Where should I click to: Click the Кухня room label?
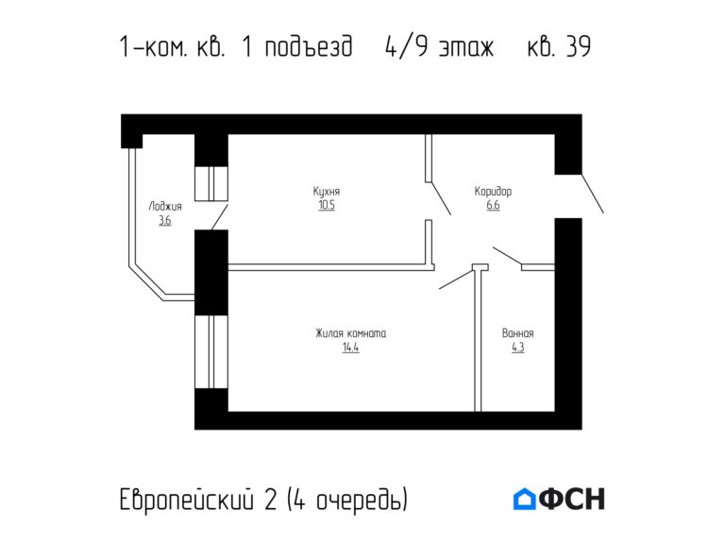(327, 192)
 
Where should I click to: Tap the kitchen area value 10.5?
(327, 205)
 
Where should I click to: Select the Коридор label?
(493, 192)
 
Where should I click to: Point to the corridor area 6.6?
(493, 205)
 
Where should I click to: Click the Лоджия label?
(165, 207)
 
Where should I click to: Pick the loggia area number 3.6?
(165, 220)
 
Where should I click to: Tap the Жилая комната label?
(351, 333)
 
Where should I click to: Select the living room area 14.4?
(351, 348)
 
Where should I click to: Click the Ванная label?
(518, 333)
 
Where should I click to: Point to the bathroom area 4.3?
(518, 348)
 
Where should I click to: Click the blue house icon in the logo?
(524, 499)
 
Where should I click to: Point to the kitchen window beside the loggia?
(211, 183)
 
